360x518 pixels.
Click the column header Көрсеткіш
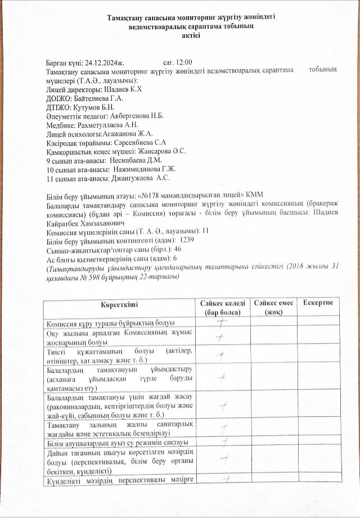click(x=118, y=304)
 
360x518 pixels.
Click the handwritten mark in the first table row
click(x=222, y=322)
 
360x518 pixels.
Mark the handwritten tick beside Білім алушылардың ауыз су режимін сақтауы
click(x=224, y=442)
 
